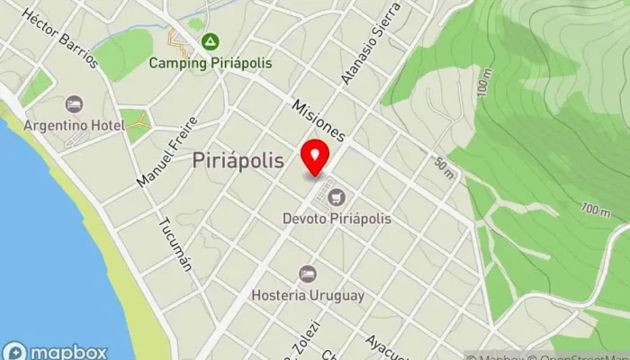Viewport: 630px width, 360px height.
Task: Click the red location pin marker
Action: (315, 157)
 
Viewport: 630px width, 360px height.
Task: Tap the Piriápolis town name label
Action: (238, 161)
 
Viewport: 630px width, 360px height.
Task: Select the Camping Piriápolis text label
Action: (210, 63)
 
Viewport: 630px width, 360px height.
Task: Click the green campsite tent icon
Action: (210, 41)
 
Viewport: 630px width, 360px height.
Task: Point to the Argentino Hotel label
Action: (74, 124)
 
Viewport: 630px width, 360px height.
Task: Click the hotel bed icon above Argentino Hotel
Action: (74, 103)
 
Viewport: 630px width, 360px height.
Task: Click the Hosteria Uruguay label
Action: (308, 295)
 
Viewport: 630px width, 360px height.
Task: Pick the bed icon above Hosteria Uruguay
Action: (308, 273)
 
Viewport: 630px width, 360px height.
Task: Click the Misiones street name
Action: (319, 120)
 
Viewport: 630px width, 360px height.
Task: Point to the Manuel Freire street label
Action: (166, 154)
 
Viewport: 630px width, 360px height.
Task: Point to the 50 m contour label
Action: (445, 167)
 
